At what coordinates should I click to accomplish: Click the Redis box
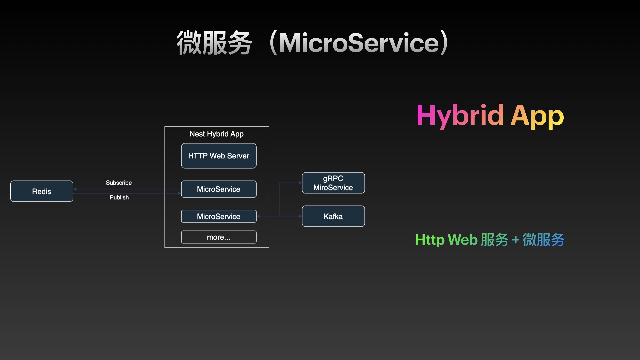pyautogui.click(x=42, y=191)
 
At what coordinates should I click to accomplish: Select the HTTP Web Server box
pyautogui.click(x=219, y=156)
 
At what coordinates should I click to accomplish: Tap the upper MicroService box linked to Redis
pyautogui.click(x=219, y=189)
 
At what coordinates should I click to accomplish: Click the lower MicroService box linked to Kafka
pyautogui.click(x=219, y=216)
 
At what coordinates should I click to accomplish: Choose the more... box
pyautogui.click(x=219, y=237)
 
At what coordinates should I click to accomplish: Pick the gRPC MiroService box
pyautogui.click(x=333, y=183)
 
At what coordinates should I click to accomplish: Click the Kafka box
pyautogui.click(x=333, y=216)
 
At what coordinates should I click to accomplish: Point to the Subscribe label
pyautogui.click(x=119, y=183)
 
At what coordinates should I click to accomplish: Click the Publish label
pyautogui.click(x=119, y=197)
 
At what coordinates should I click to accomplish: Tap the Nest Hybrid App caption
pyautogui.click(x=216, y=134)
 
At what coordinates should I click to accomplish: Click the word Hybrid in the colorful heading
pyautogui.click(x=460, y=115)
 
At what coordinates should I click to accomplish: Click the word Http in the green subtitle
pyautogui.click(x=430, y=240)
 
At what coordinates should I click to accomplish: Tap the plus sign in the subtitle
pyautogui.click(x=515, y=240)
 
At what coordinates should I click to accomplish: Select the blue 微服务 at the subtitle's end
pyautogui.click(x=543, y=240)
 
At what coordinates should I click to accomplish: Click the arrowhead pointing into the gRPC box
pyautogui.click(x=300, y=183)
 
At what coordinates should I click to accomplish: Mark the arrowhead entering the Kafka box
pyautogui.click(x=300, y=216)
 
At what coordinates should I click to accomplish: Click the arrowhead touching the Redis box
pyautogui.click(x=75, y=189)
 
